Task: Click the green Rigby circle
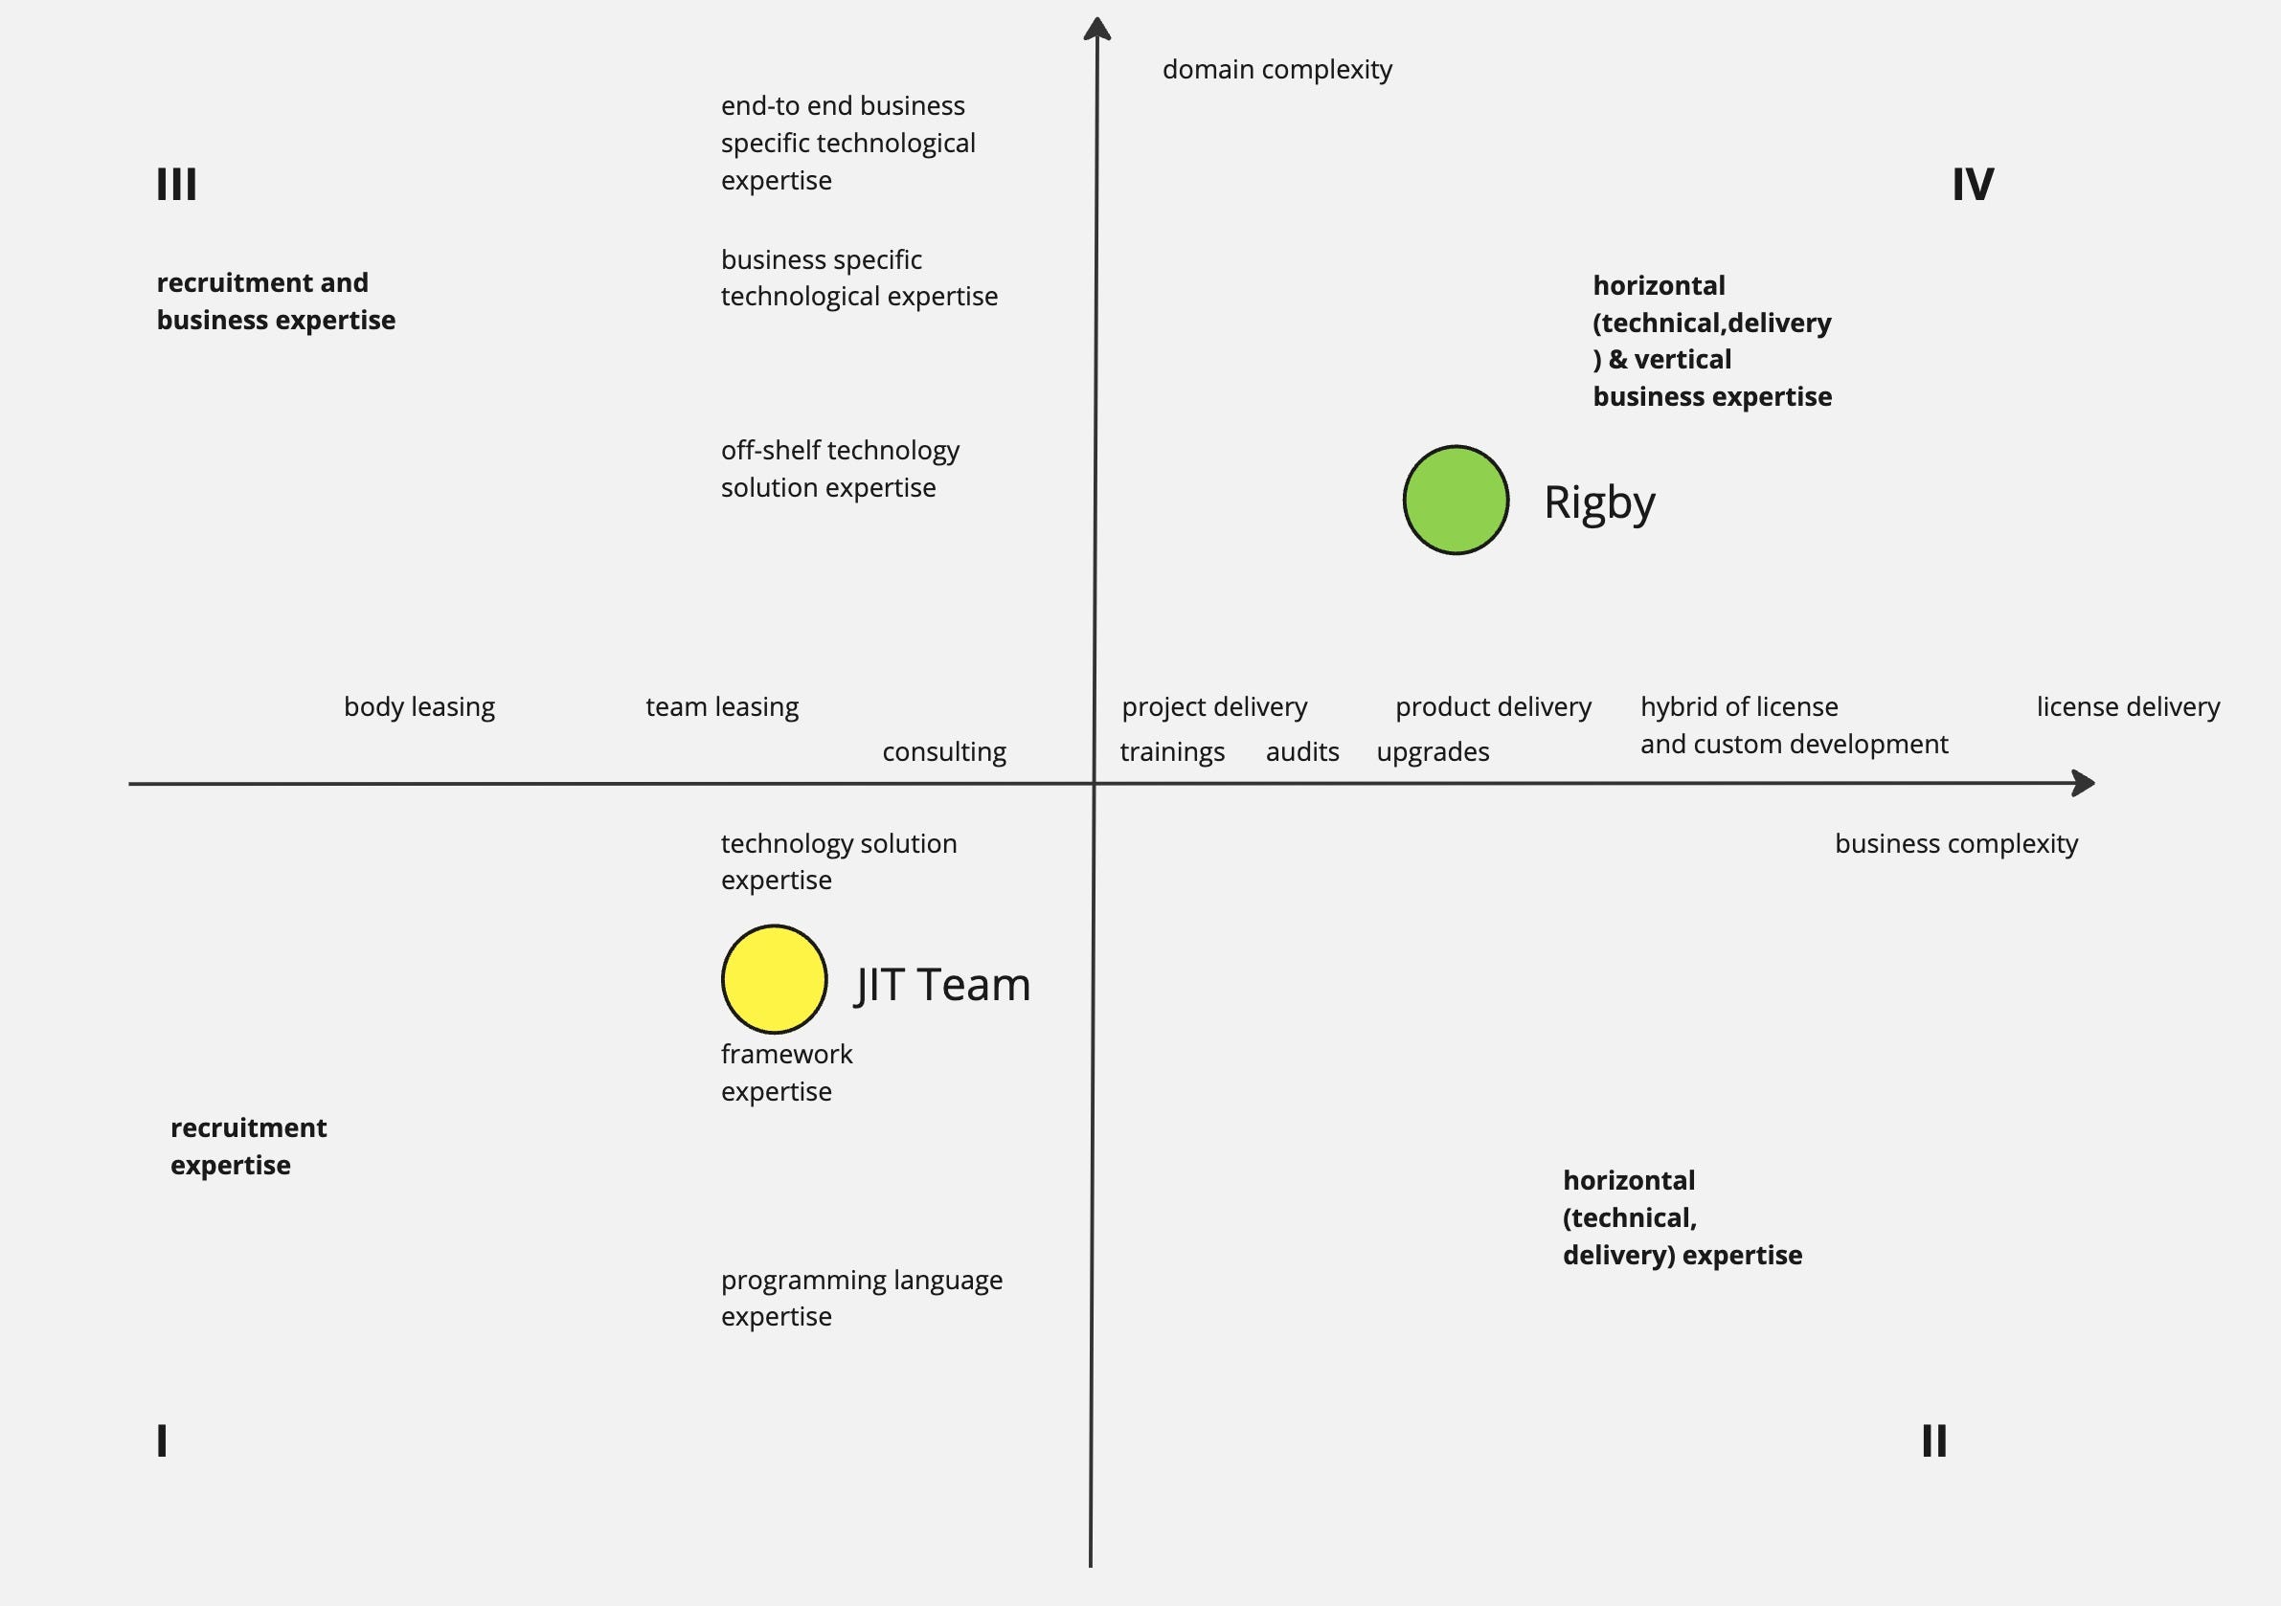pos(1456,500)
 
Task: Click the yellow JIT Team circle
pos(774,979)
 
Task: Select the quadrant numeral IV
pos(1972,185)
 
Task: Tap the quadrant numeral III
pos(177,185)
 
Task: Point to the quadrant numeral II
pos(1933,1440)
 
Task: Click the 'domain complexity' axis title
pos(1276,70)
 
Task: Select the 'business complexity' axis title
pos(1955,843)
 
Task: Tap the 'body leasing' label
pos(419,706)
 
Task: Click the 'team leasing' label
pos(722,706)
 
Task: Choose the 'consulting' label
pos(944,752)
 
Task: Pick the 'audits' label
pos(1301,752)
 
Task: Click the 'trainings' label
pos(1172,752)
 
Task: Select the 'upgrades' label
pos(1433,752)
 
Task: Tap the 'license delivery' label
pos(2128,706)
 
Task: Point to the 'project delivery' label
pos(1214,706)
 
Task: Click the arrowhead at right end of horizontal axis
pos(2085,783)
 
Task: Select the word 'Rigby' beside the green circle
pos(1599,502)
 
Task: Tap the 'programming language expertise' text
pos(861,1297)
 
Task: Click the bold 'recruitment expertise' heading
pos(248,1147)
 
